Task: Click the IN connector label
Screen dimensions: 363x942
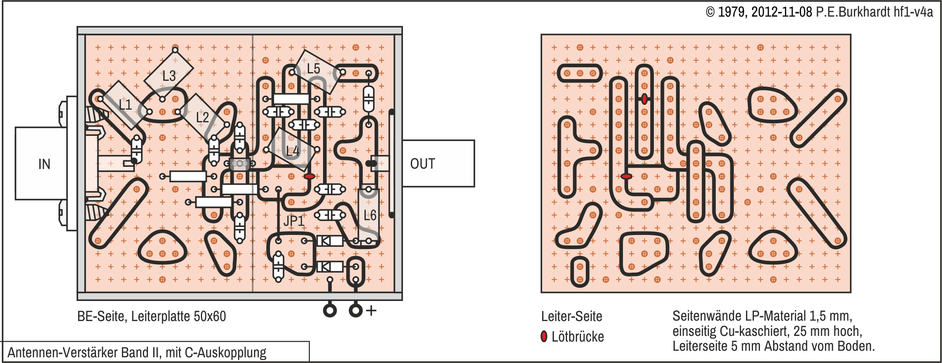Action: [x=44, y=164]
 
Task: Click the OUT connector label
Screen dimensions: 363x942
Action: [x=423, y=164]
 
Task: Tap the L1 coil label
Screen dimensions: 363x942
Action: [x=125, y=104]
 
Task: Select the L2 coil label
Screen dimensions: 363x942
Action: [x=202, y=117]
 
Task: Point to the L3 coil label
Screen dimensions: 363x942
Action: [x=169, y=76]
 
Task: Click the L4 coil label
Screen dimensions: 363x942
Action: [x=292, y=151]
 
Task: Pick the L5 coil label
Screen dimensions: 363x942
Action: [x=313, y=69]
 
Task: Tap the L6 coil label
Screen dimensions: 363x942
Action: [x=370, y=215]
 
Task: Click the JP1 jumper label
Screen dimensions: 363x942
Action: [x=294, y=221]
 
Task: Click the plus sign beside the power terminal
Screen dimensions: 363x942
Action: [x=371, y=311]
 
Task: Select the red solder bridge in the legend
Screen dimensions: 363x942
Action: [x=544, y=336]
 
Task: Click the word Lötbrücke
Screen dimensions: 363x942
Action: [x=578, y=337]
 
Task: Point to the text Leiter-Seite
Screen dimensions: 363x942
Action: [x=571, y=316]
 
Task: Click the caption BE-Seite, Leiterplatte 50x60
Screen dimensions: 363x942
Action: [x=151, y=316]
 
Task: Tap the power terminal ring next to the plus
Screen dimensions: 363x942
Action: [x=356, y=311]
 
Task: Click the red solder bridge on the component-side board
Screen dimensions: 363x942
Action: [x=309, y=176]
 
